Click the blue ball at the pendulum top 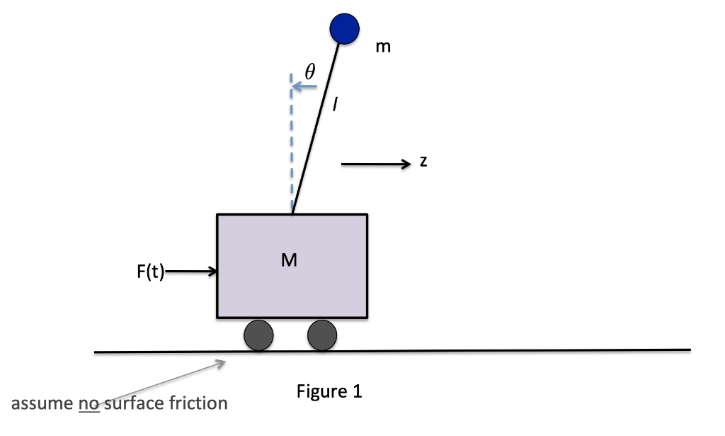click(346, 28)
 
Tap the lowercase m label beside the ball click(383, 47)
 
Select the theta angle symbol click(309, 71)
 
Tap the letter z click(423, 162)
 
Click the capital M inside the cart click(289, 260)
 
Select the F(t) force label click(149, 272)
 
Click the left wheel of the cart click(258, 335)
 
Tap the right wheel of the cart click(322, 335)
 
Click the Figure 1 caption click(329, 391)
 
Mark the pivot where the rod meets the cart click(292, 213)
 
